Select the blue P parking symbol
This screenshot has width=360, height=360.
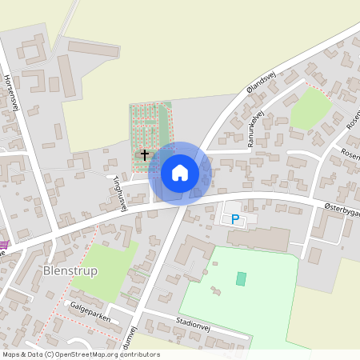pyautogui.click(x=235, y=218)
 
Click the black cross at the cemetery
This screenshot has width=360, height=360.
pyautogui.click(x=145, y=154)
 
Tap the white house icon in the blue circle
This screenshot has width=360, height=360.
pyautogui.click(x=180, y=173)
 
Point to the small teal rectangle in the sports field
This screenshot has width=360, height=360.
pyautogui.click(x=242, y=278)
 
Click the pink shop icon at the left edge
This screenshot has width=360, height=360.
pyautogui.click(x=3, y=244)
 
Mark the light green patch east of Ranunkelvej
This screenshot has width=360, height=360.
pyautogui.click(x=310, y=110)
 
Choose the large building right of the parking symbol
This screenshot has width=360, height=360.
pyautogui.click(x=257, y=238)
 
